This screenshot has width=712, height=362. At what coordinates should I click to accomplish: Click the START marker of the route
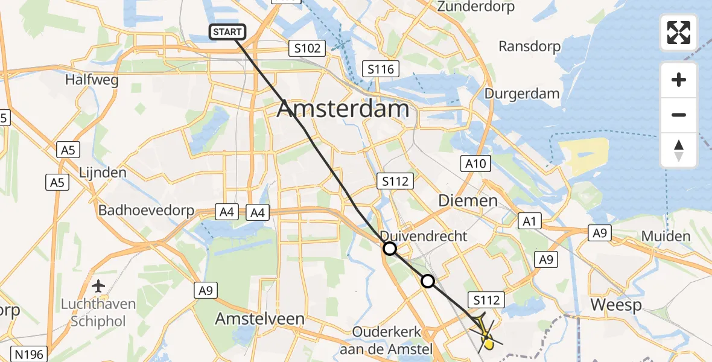227,32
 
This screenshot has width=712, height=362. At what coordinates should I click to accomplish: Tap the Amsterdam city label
343,109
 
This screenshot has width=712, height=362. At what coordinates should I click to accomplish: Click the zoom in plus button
679,80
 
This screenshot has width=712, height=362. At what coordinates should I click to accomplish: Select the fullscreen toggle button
679,33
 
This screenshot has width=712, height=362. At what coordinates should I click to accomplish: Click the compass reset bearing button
679,150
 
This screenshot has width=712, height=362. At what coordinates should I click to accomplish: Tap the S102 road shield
307,48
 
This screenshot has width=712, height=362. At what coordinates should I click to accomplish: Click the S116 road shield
381,69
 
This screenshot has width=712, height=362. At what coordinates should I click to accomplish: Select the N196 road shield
29,354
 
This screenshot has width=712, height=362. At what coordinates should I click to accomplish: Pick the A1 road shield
529,221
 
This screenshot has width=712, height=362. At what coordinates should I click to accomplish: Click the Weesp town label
615,305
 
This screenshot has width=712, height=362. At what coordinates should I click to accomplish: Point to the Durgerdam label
523,94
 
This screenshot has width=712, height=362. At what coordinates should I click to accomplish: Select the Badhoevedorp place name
147,211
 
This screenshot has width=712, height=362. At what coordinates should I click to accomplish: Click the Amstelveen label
261,319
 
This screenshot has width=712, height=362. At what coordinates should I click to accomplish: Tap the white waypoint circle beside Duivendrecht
390,248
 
